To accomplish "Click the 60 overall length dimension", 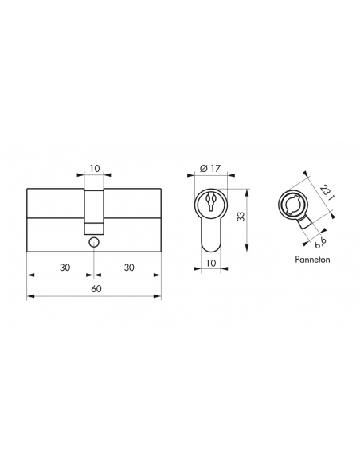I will click(95, 287).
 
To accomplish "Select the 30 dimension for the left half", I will click(61, 268).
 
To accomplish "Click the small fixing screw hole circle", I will click(95, 240).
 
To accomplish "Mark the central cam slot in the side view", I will click(95, 205).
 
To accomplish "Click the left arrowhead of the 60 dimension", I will click(30, 296).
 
